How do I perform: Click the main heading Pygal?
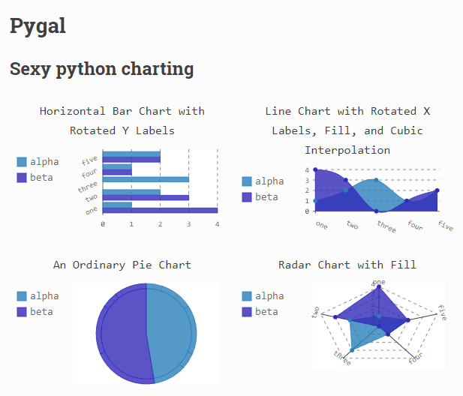tap(38, 26)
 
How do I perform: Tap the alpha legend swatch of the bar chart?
tap(21, 162)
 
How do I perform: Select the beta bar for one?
tap(159, 209)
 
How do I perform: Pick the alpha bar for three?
tap(145, 179)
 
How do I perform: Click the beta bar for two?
tap(145, 197)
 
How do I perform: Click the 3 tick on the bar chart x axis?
tap(188, 223)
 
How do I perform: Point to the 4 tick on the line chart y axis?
tap(306, 170)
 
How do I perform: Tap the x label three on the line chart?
tap(386, 225)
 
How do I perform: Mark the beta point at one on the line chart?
tap(315, 170)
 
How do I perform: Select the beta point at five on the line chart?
tap(437, 190)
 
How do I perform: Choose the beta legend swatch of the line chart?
tap(246, 197)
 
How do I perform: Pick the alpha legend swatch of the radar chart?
tap(246, 296)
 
